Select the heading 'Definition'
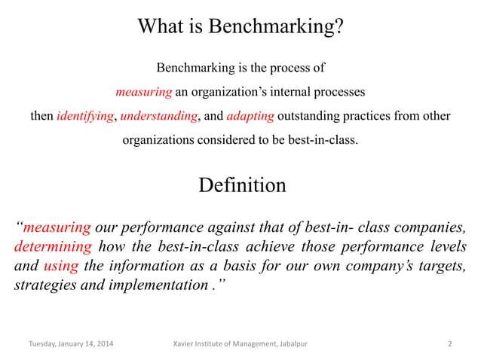(x=241, y=185)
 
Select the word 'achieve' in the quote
(x=257, y=247)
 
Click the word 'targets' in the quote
(x=443, y=267)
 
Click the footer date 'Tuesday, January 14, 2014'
(x=72, y=344)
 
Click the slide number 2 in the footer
(x=449, y=344)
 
